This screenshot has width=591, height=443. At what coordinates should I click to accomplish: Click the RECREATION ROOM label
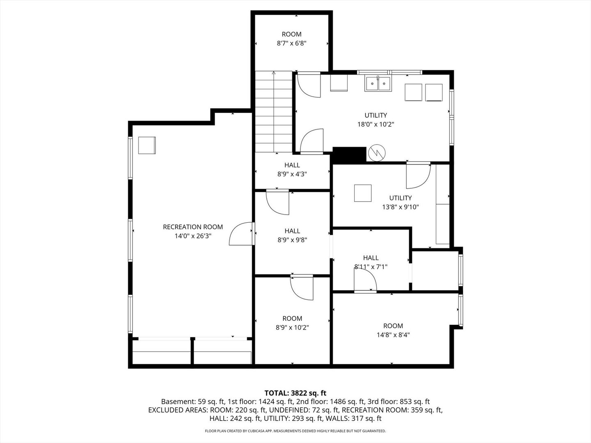click(193, 227)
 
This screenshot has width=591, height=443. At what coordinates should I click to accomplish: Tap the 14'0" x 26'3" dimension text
click(193, 236)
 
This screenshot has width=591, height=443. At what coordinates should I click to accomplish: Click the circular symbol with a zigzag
click(377, 153)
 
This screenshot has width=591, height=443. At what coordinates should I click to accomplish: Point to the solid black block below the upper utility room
click(349, 155)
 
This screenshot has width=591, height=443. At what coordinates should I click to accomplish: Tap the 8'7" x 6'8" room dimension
click(291, 43)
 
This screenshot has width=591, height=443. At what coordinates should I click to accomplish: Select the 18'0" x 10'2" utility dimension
click(376, 124)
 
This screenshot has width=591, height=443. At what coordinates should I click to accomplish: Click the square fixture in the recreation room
click(147, 145)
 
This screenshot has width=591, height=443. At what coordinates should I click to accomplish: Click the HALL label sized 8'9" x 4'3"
click(292, 165)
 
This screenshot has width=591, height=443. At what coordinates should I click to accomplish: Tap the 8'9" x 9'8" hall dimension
click(292, 240)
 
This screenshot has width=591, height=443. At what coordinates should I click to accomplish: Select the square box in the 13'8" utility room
click(363, 193)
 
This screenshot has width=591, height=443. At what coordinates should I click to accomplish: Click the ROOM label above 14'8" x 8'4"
click(393, 326)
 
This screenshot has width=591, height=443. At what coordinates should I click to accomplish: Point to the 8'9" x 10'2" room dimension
click(292, 327)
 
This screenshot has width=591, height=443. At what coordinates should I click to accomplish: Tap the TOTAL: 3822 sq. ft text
click(295, 393)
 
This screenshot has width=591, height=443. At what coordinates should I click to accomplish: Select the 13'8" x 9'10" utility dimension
click(401, 207)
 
